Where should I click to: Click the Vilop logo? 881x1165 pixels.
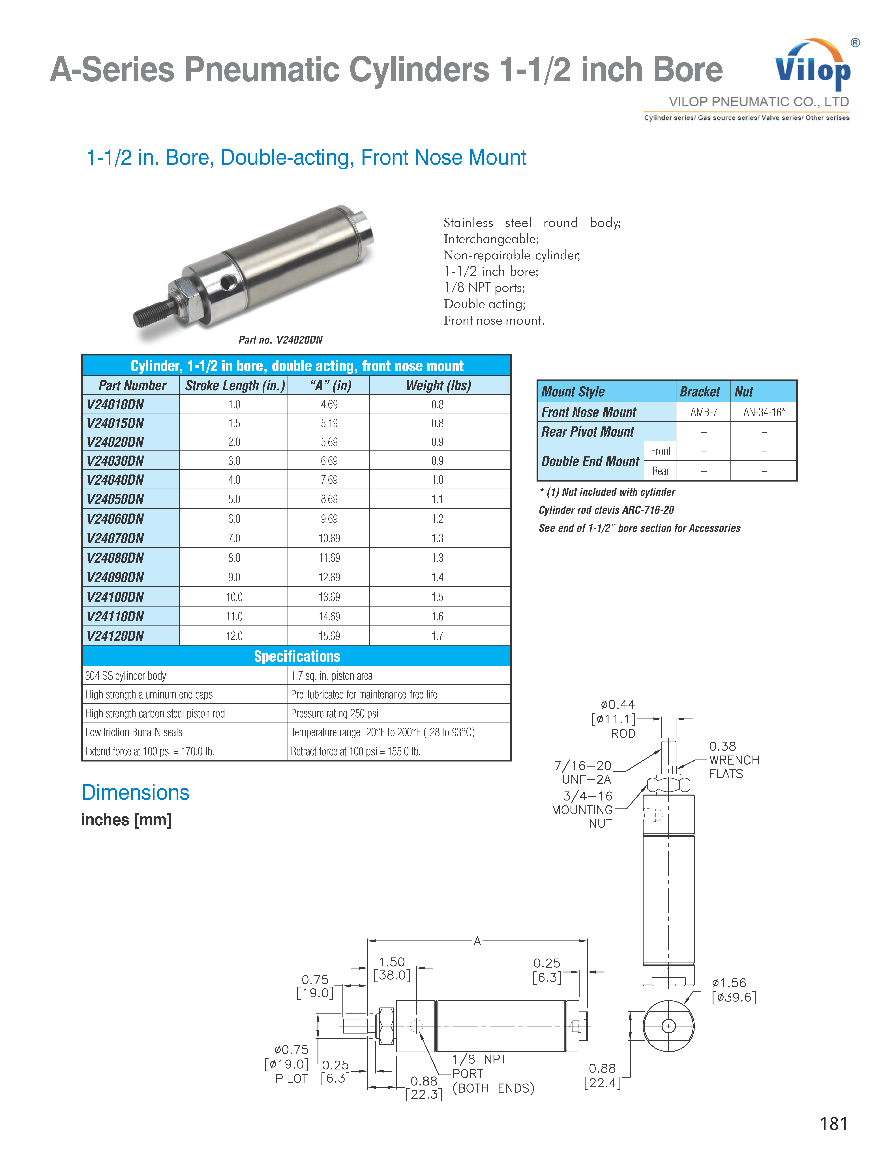coord(813,66)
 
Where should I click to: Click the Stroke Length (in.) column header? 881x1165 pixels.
coord(234,385)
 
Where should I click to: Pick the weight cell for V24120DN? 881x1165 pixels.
coord(437,636)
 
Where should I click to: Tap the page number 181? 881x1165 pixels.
coord(833,1123)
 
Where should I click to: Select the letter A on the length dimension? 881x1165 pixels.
coord(477,941)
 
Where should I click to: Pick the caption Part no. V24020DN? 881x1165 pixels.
coord(280,340)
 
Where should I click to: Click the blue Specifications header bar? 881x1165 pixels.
coord(297,656)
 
